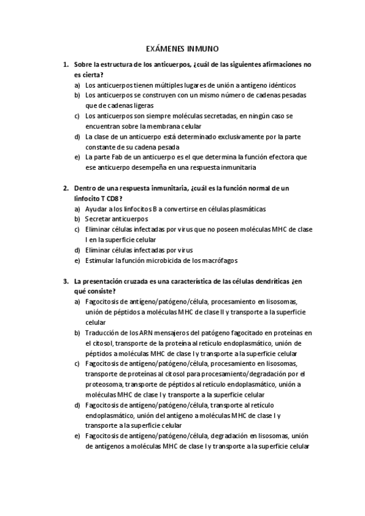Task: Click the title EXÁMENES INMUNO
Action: (183, 48)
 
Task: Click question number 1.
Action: (66, 64)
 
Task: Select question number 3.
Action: (66, 281)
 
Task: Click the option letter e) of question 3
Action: (77, 436)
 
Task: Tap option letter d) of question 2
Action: (77, 250)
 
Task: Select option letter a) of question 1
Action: (77, 86)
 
